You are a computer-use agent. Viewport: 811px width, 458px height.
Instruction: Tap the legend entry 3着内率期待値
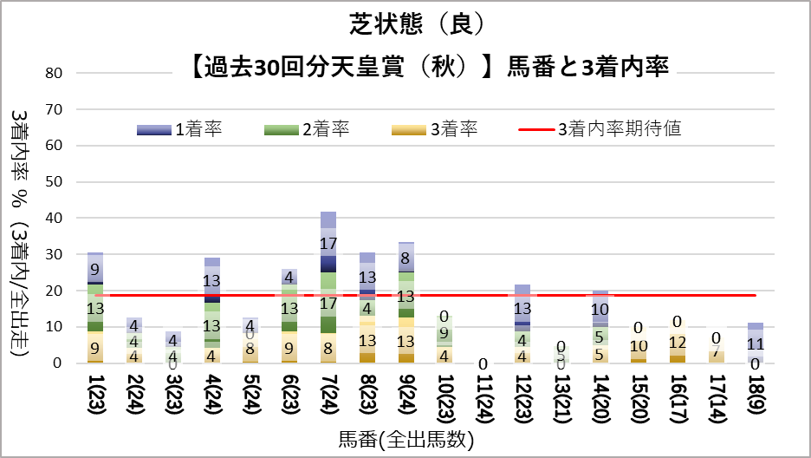coord(619,129)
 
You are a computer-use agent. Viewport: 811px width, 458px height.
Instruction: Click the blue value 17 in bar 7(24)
coord(328,245)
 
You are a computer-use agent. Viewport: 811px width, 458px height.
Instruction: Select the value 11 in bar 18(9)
coord(756,343)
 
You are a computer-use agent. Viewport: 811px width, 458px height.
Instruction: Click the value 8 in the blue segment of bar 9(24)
coord(405,258)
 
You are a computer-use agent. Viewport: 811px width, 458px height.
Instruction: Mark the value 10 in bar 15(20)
coord(639,346)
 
